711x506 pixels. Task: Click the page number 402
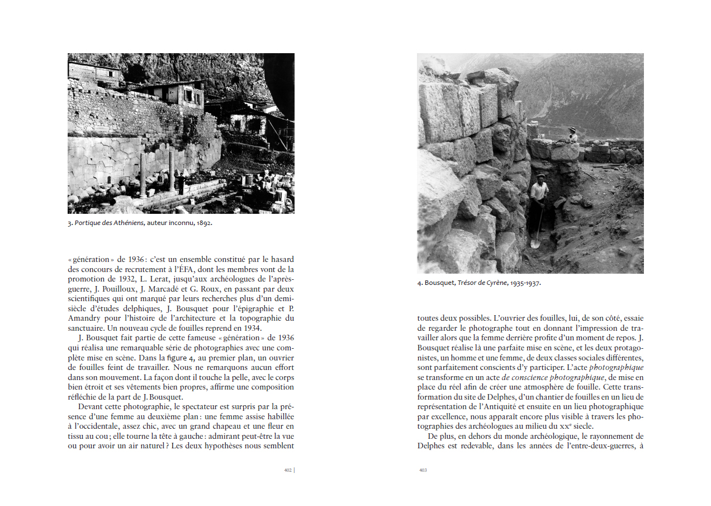point(288,470)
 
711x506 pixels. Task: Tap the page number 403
point(423,470)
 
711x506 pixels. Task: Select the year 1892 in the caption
point(203,223)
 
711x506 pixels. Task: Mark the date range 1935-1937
point(525,283)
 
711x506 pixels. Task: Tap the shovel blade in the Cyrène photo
point(534,243)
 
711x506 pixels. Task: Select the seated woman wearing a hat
point(572,135)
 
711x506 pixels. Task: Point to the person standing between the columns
point(180,183)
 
